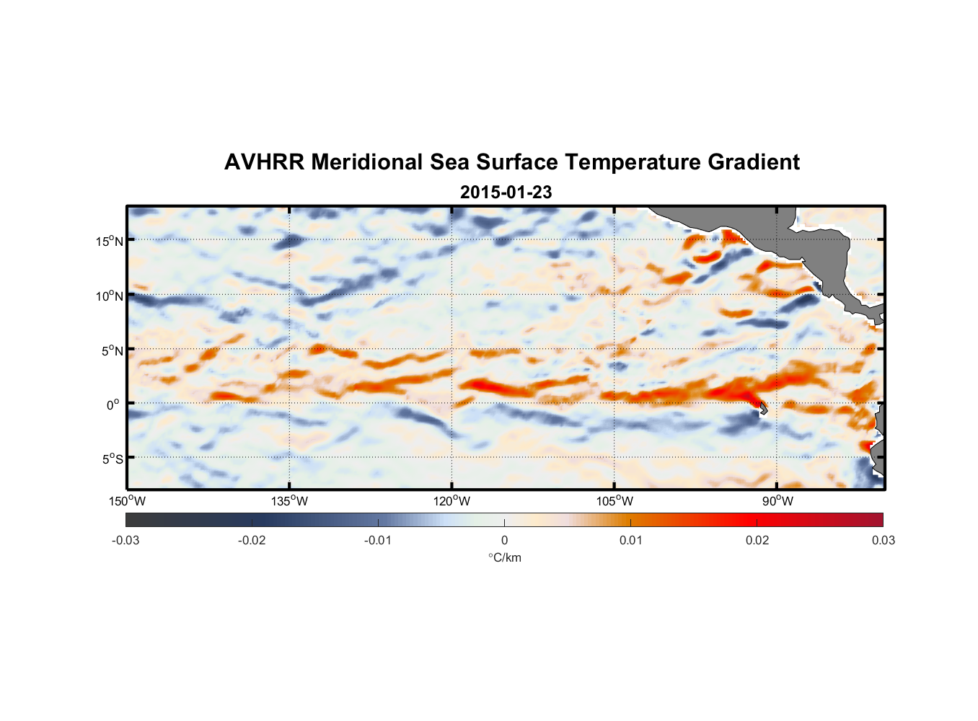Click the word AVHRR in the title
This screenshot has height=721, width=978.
264,162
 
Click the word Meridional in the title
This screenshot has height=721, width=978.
367,162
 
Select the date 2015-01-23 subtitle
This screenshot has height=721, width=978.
506,193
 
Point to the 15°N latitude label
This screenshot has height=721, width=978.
110,241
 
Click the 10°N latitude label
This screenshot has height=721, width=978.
110,296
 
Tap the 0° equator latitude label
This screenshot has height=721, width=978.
113,404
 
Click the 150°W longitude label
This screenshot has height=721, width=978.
128,501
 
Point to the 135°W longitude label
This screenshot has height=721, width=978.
290,501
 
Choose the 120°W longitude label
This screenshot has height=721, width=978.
452,501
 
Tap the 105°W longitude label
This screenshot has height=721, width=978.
614,501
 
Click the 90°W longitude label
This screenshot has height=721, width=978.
777,501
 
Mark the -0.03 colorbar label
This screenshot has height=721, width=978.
125,540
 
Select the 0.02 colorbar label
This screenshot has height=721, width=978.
757,540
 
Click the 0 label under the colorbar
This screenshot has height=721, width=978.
504,540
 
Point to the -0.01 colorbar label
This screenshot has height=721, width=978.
378,540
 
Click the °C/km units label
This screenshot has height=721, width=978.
504,557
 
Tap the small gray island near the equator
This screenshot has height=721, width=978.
763,408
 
